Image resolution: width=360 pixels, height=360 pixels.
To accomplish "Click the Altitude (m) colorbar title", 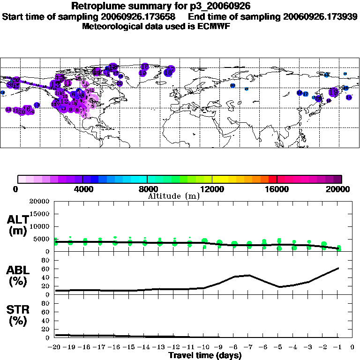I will click(173, 196).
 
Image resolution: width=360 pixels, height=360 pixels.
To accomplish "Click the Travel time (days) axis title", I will click(205, 355).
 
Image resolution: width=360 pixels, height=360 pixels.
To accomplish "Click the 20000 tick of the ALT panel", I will click(40, 202).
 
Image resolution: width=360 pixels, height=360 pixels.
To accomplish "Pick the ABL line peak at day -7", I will click(249, 275).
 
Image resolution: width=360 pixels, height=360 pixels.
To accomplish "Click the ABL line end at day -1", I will click(338, 268).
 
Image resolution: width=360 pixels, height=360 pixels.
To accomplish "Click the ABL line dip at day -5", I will click(279, 287).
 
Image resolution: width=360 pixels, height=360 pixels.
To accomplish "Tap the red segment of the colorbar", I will click(272, 179).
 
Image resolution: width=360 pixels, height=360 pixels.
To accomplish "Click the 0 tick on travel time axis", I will click(353, 347).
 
